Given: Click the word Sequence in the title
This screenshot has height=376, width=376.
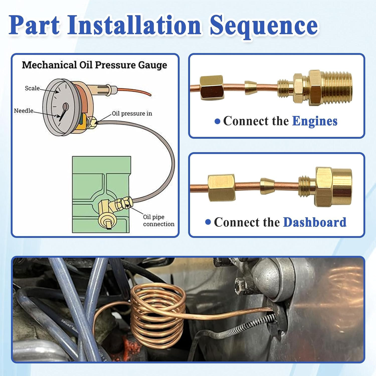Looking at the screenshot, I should click(x=264, y=26).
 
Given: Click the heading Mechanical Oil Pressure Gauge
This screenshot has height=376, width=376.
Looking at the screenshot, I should click(x=94, y=65).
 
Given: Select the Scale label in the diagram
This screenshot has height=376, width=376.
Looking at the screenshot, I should click(x=32, y=88).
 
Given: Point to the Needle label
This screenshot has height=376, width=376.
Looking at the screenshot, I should click(x=24, y=111).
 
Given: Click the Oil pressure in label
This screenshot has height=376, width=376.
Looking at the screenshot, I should click(x=132, y=114).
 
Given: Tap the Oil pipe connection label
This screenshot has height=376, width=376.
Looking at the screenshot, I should click(x=158, y=220).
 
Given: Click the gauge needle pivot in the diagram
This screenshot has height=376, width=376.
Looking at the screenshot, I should click(x=66, y=107).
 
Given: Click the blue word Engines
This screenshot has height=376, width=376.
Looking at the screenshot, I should click(x=315, y=121).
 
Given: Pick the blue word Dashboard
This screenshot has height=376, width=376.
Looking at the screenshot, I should click(x=315, y=222).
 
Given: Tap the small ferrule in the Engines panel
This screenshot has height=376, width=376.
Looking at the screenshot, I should click(x=250, y=87).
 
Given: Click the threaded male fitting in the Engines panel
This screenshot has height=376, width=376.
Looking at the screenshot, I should click(x=326, y=87).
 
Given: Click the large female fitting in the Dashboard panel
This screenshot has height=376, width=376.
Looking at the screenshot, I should click(x=333, y=187).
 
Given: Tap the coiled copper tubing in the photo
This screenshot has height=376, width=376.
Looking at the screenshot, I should click(x=158, y=316).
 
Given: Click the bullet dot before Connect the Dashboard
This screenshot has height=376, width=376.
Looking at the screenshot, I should click(x=208, y=222).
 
